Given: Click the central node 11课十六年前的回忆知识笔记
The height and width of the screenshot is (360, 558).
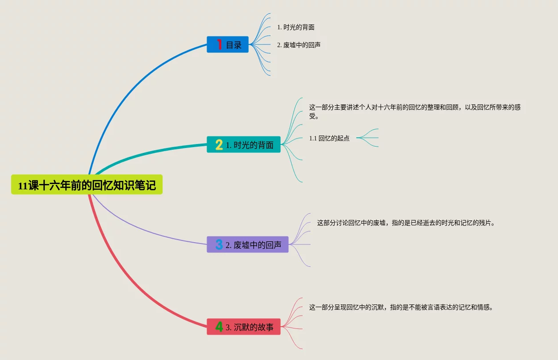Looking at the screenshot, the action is pos(87,184).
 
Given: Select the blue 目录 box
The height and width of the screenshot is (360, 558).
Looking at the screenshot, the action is pos(227,44).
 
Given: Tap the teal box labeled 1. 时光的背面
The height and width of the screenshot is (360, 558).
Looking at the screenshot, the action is pos(243,144).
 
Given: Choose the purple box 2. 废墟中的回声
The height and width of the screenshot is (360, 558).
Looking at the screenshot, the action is pos(247,244).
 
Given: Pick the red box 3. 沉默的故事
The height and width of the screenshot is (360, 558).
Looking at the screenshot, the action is pos(243,327).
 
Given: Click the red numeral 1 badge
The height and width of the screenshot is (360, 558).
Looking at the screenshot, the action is pos(219,44).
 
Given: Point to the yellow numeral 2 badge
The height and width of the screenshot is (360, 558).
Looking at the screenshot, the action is pos(219,145).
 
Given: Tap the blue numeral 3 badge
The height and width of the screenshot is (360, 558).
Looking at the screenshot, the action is pos(219,244).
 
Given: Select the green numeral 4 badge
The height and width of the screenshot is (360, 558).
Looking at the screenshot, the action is pos(219,327).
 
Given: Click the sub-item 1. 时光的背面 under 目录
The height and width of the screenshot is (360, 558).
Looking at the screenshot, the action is pos(296,27).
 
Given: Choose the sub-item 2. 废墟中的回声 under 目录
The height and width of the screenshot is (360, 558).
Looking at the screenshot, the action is pos(299,45).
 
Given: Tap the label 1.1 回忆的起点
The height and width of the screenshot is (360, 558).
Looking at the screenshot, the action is pos(329,138).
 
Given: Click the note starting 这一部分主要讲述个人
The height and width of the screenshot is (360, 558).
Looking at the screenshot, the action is pos(415,112).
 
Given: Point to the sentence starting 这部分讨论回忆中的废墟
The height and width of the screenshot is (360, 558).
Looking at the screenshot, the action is pos(406,223).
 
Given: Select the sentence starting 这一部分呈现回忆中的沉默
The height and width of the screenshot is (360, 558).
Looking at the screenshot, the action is pos(401,307).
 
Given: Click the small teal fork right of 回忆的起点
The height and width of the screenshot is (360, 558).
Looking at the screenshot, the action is pos(367,138).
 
